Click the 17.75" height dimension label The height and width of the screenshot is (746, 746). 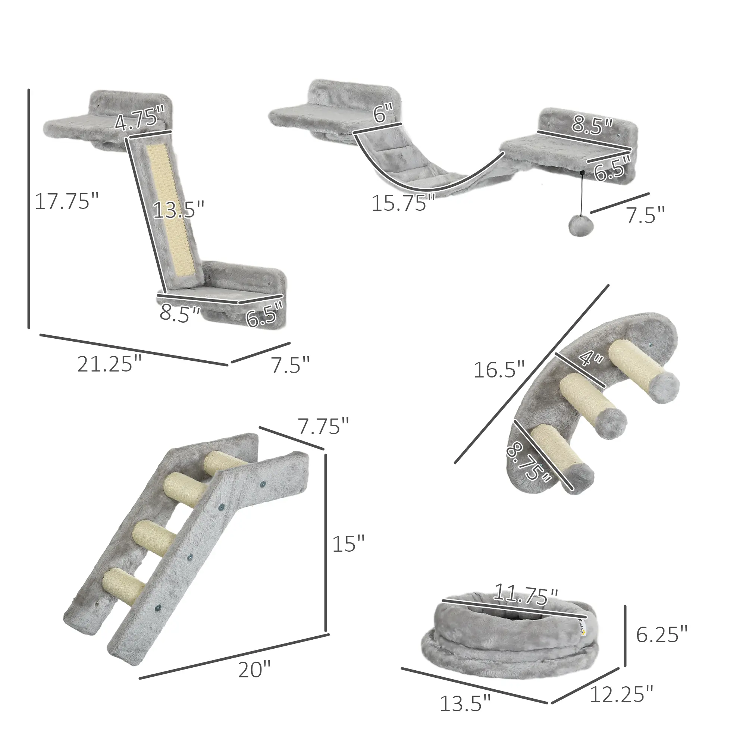[x=66, y=201]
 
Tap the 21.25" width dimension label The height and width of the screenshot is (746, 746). [x=110, y=364]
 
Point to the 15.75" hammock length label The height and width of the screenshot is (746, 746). [x=403, y=203]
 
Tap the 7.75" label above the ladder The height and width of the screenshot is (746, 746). [x=323, y=427]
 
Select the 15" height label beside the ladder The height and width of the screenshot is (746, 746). [x=348, y=544]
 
